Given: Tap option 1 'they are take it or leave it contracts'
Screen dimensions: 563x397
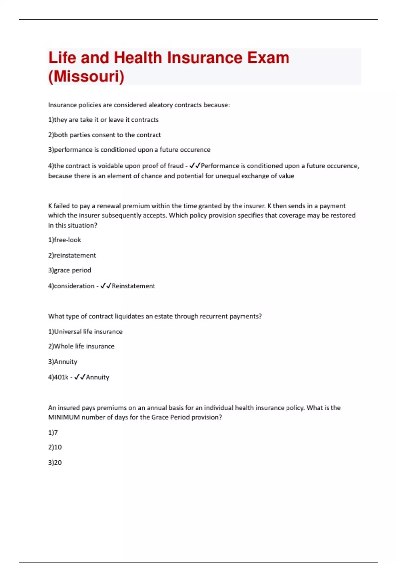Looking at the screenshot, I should pyautogui.click(x=103, y=120).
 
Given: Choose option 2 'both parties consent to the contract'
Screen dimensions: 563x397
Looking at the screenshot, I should pyautogui.click(x=105, y=135).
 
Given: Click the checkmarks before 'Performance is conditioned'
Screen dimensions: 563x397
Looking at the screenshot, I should pyautogui.click(x=195, y=166).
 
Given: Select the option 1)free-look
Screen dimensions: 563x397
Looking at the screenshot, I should pyautogui.click(x=65, y=240).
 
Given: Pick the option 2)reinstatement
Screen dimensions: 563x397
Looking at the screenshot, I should pyautogui.click(x=72, y=255).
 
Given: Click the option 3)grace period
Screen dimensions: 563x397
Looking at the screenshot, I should pyautogui.click(x=69, y=270).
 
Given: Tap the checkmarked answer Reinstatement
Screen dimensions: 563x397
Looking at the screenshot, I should pyautogui.click(x=133, y=286).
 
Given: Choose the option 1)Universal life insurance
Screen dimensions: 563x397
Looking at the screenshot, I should pyautogui.click(x=85, y=331).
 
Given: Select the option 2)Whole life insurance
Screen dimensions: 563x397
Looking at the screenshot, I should pyautogui.click(x=81, y=346).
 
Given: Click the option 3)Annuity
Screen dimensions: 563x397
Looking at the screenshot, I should pyautogui.click(x=63, y=361).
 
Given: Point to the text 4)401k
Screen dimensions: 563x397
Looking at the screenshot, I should pyautogui.click(x=58, y=377).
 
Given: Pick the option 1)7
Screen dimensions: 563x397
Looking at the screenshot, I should pyautogui.click(x=53, y=432).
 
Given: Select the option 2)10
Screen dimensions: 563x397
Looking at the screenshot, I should pyautogui.click(x=55, y=447).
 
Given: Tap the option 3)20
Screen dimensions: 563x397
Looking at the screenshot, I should pyautogui.click(x=55, y=462).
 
